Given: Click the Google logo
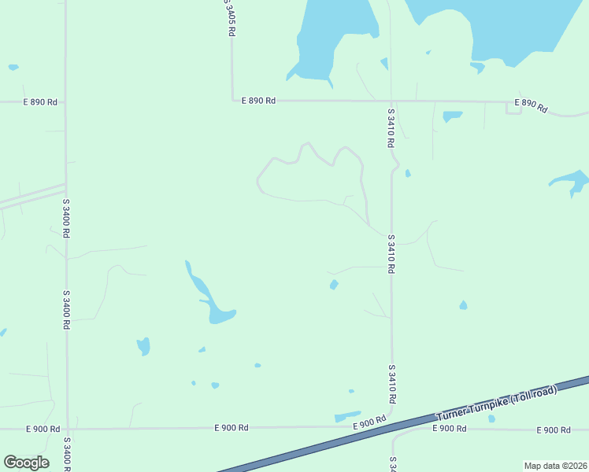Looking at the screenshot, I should pyautogui.click(x=26, y=463).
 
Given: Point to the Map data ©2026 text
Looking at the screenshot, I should pyautogui.click(x=555, y=466).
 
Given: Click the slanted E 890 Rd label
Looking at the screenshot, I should pyautogui.click(x=531, y=105).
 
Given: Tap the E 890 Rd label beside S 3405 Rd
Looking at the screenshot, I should pyautogui.click(x=258, y=101).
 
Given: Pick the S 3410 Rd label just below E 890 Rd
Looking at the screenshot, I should pyautogui.click(x=390, y=128).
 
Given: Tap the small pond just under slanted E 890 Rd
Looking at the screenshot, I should pyautogui.click(x=452, y=116).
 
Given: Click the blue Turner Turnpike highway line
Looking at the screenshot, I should pyautogui.click(x=315, y=445).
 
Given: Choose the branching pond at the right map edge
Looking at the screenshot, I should pyautogui.click(x=573, y=181).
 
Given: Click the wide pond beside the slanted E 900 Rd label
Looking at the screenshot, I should pyautogui.click(x=346, y=416).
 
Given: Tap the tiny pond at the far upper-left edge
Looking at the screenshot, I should pyautogui.click(x=13, y=68).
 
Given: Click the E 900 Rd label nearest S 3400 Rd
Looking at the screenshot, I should pyautogui.click(x=43, y=429).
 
